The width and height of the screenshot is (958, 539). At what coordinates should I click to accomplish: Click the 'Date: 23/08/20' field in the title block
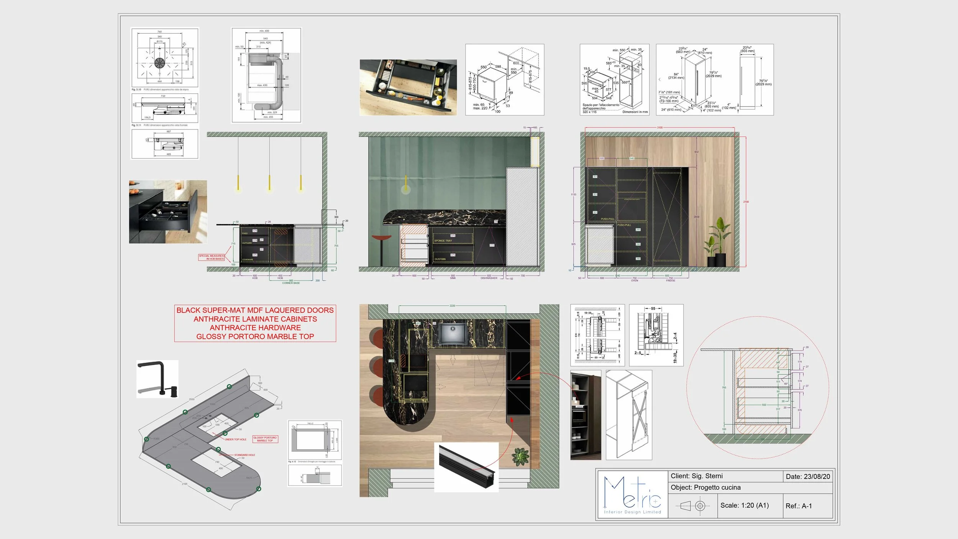[x=807, y=477]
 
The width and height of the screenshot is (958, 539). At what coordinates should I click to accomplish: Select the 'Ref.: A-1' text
[x=799, y=506]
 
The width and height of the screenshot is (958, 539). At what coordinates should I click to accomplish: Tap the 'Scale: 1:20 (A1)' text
[x=744, y=505]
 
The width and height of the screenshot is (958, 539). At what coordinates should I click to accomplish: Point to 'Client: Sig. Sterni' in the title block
[x=696, y=476]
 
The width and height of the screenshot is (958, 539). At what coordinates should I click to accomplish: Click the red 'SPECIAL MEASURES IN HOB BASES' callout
[x=211, y=257]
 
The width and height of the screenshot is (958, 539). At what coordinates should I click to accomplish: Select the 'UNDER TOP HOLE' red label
[x=235, y=439]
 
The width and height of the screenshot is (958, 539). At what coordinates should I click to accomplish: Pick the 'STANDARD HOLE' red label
[x=244, y=455]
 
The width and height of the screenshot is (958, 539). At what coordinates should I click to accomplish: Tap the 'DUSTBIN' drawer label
[x=440, y=259]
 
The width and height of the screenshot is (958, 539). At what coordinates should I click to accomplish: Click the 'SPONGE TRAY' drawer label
[x=443, y=241]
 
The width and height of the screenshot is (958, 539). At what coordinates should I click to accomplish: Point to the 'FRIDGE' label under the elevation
[x=670, y=281]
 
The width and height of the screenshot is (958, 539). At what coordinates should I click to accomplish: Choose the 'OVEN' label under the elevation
[x=635, y=281]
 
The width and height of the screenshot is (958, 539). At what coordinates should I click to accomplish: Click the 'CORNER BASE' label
[x=291, y=283]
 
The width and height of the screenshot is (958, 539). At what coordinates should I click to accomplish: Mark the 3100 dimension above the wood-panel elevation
[x=659, y=128]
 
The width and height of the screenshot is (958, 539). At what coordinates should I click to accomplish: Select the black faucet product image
[x=157, y=378]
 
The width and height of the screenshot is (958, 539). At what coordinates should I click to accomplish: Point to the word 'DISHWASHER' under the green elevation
[x=489, y=278]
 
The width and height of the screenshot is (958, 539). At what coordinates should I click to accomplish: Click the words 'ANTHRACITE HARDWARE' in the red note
[x=255, y=328]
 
